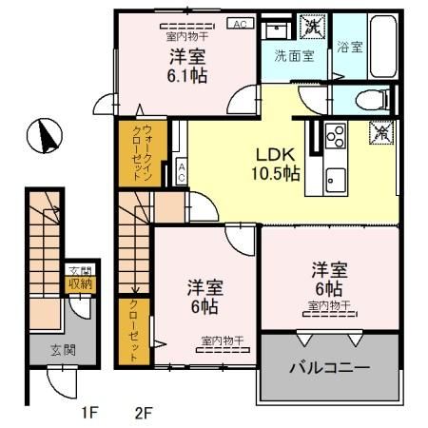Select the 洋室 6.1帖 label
point(190,66)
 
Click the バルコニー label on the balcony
point(330,366)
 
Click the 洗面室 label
point(294,55)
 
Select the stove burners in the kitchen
point(336,137)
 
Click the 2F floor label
point(144,414)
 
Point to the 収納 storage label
point(78,283)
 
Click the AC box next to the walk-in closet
point(181,172)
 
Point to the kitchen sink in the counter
point(336,176)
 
